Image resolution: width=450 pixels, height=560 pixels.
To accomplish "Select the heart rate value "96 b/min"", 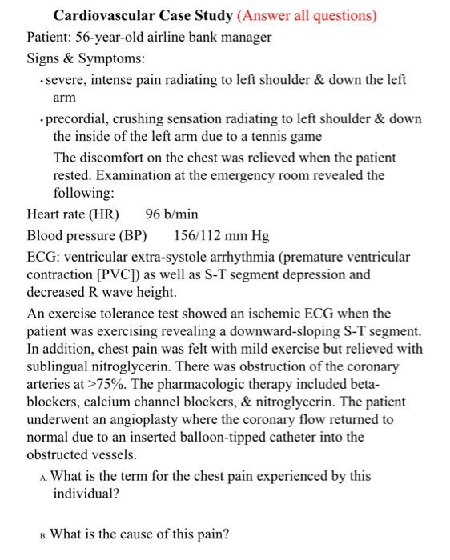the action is point(172,214).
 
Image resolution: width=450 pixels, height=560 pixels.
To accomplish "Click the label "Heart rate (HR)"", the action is point(73,214).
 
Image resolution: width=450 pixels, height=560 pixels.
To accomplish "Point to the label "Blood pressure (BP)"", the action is point(87,236).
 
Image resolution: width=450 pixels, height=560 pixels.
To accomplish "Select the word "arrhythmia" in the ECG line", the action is point(231,257).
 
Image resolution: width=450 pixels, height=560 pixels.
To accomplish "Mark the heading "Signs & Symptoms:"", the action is point(77,58).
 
